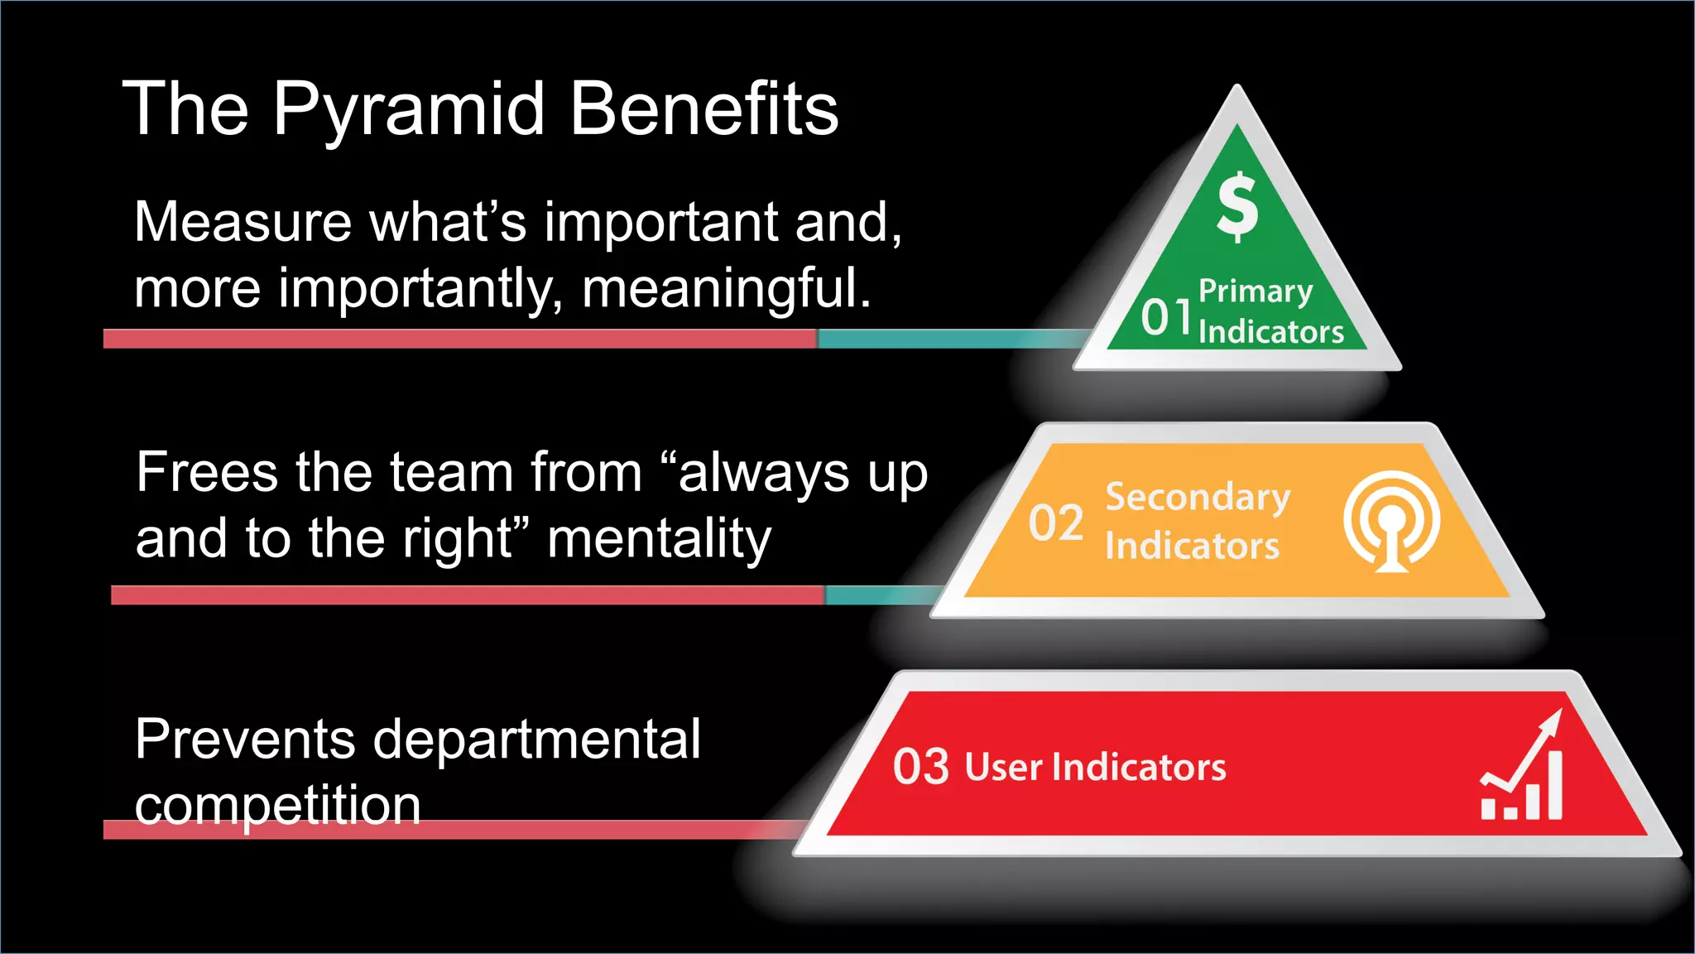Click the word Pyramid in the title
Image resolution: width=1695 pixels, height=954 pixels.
point(409,110)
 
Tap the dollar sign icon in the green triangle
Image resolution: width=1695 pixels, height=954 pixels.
point(1237,206)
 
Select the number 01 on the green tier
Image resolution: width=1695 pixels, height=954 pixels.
point(1166,317)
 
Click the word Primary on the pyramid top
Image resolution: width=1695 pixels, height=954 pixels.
point(1256,291)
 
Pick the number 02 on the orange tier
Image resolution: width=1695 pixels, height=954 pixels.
point(1056,523)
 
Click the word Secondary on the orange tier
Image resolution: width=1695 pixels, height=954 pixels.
point(1198,497)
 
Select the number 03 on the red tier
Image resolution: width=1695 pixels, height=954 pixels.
point(920,767)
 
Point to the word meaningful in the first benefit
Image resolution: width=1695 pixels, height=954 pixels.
point(726,289)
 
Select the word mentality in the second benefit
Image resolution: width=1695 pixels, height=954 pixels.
point(659,539)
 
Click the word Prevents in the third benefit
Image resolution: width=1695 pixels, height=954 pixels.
point(245,739)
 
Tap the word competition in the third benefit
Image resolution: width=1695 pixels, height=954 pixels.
point(277,806)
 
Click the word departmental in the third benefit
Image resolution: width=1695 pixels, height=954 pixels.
point(537,739)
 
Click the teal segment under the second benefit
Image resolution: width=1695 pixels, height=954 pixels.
point(877,595)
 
